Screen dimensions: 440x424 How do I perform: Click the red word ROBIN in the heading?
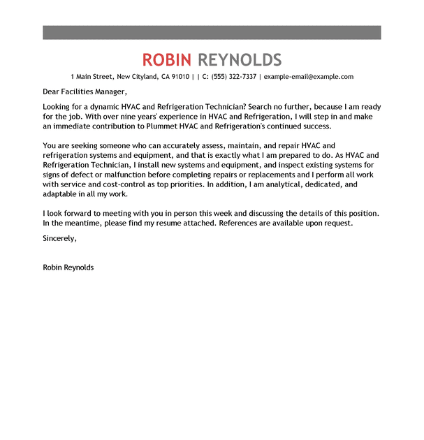(168, 59)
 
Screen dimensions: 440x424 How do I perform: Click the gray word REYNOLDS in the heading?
(240, 59)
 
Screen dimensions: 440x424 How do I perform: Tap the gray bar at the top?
(212, 32)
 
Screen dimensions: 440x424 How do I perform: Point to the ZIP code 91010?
(180, 77)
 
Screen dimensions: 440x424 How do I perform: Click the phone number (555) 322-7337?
(234, 77)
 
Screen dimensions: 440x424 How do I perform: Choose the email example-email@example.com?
(309, 77)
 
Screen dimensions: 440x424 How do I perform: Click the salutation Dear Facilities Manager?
(85, 91)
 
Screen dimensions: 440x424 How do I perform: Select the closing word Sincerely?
(59, 238)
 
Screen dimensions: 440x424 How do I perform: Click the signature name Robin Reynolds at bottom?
(68, 267)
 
